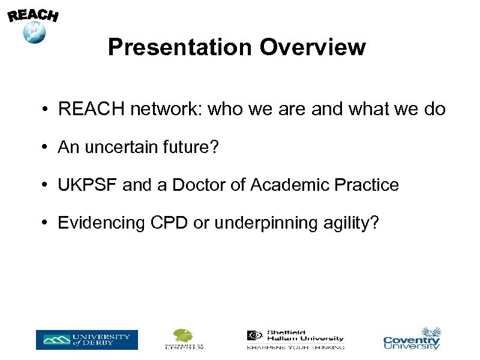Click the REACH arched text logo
click(x=33, y=15)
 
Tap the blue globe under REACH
click(x=34, y=32)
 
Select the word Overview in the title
click(x=316, y=47)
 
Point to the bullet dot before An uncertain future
click(x=46, y=148)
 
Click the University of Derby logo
click(x=86, y=340)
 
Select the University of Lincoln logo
click(x=184, y=339)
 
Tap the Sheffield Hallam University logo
click(x=295, y=340)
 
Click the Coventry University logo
click(x=412, y=339)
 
